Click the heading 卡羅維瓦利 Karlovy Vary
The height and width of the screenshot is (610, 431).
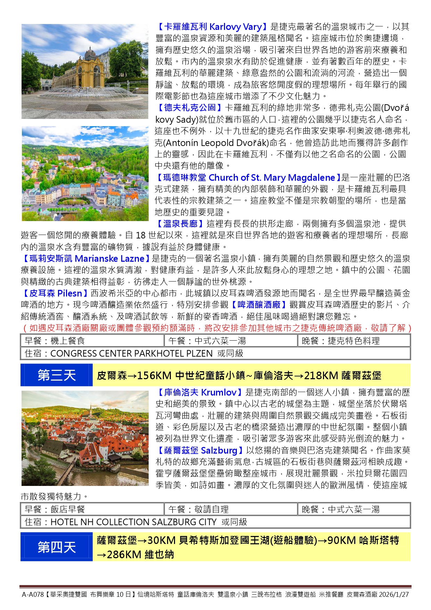coord(212,27)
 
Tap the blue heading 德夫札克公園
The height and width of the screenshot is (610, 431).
coord(190,108)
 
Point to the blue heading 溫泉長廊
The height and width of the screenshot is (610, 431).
coord(180,224)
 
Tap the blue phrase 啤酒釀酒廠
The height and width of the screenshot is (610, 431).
coord(259,305)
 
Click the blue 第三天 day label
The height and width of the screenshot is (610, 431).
coord(57,375)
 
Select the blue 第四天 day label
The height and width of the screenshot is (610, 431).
coord(57,547)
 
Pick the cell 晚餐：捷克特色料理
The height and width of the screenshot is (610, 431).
coord(340,341)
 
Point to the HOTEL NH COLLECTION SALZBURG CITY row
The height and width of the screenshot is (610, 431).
coord(136,522)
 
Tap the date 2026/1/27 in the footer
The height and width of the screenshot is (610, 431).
coord(393,595)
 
